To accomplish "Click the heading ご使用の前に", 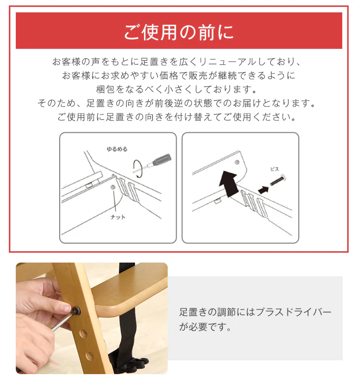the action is coord(179,32).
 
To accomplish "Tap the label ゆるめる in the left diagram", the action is coord(117,149).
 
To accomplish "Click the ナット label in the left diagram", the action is coord(118,217).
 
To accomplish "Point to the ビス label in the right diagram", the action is coord(274,169).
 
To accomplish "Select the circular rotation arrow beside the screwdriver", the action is coord(138,168).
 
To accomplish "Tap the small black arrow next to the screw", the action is coord(263,190).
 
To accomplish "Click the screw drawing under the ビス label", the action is coord(278,180).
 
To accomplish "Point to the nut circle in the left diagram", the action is coord(112,188).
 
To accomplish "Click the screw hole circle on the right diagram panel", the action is coord(237,162).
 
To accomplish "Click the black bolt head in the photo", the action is coord(76,311).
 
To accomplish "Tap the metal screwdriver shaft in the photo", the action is coord(62,321).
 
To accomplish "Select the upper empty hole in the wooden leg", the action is coord(83,334).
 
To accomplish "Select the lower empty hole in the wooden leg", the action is coord(89,356).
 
